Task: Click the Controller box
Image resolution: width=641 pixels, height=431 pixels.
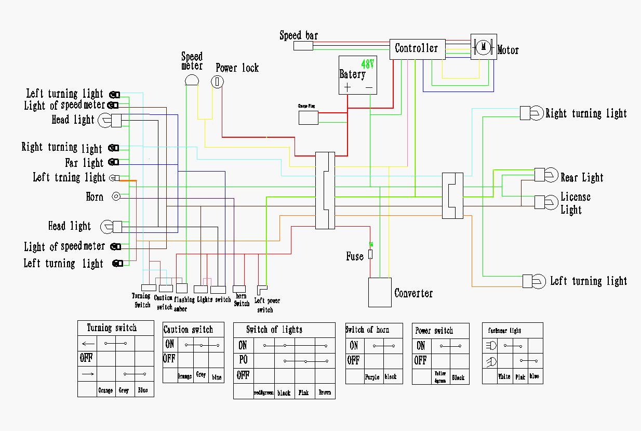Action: (417, 49)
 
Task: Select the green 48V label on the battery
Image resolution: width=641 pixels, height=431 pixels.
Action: (368, 64)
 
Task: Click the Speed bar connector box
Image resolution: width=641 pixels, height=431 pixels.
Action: (303, 46)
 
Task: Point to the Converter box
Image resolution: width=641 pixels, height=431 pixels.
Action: (380, 292)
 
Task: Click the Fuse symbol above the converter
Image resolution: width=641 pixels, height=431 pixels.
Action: (370, 254)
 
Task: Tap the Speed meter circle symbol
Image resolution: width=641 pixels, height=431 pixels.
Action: (192, 80)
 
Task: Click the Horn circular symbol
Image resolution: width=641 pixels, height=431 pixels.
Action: (116, 197)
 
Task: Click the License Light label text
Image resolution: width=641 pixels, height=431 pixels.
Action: (575, 203)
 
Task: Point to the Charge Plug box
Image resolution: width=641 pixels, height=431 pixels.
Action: (309, 117)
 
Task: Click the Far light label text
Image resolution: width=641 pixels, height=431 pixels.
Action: (84, 163)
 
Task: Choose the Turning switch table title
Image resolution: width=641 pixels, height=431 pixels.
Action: (112, 328)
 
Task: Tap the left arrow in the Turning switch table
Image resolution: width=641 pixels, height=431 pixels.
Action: (88, 343)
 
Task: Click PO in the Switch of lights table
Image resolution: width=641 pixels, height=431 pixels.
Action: (243, 360)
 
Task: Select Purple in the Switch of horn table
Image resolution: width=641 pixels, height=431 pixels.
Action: (372, 377)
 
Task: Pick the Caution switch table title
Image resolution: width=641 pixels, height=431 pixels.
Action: (188, 330)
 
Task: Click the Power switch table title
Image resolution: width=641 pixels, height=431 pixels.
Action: (434, 331)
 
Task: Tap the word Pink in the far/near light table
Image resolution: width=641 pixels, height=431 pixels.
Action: (520, 377)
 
